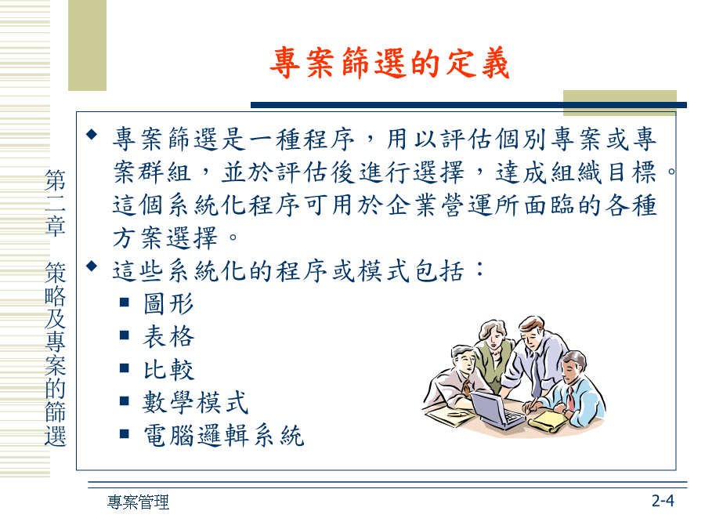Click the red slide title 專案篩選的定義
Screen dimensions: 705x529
tap(389, 63)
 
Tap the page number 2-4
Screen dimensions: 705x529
tap(663, 500)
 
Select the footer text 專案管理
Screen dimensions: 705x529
tap(138, 502)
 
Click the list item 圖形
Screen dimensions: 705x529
tap(168, 303)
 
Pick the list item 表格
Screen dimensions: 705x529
tap(168, 336)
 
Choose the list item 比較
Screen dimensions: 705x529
tap(168, 369)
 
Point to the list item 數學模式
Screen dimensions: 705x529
tap(196, 402)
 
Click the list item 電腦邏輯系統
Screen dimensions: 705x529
tap(223, 436)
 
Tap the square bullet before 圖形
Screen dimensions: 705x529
tap(125, 302)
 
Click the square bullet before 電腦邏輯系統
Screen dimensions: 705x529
tap(125, 433)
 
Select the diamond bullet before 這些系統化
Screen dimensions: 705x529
tap(92, 266)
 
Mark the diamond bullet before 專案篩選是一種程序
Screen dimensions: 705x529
tap(92, 134)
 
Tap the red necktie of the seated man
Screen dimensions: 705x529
tap(570, 399)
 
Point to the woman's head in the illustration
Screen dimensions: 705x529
tap(493, 333)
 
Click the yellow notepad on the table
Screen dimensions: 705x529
tap(548, 422)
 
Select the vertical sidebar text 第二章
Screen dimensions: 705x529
tap(56, 203)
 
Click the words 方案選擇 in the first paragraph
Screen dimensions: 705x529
tap(165, 238)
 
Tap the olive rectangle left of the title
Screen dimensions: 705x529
tap(87, 45)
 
